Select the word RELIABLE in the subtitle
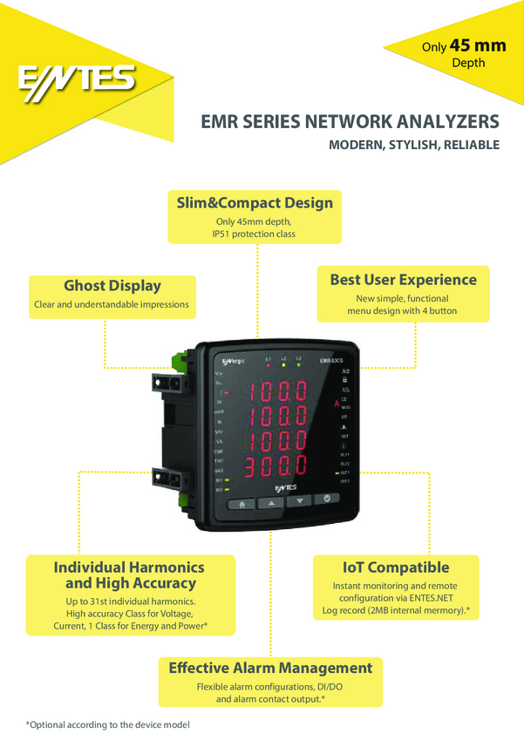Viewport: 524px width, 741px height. pyautogui.click(x=471, y=145)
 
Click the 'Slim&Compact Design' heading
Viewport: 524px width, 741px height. pyautogui.click(x=255, y=202)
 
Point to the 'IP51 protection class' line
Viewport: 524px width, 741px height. pyautogui.click(x=255, y=234)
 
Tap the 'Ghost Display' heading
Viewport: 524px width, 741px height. pyautogui.click(x=112, y=285)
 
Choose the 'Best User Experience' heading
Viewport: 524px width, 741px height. pyautogui.click(x=403, y=280)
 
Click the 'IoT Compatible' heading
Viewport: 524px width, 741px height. pyautogui.click(x=395, y=568)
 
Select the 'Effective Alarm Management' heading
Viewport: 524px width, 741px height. pyautogui.click(x=270, y=668)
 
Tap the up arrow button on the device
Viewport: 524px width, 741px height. pyautogui.click(x=270, y=502)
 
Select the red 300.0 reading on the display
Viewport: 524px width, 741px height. pyautogui.click(x=274, y=465)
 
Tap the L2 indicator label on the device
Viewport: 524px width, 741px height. pyautogui.click(x=282, y=357)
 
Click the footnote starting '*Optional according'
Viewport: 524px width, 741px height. pyautogui.click(x=107, y=724)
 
